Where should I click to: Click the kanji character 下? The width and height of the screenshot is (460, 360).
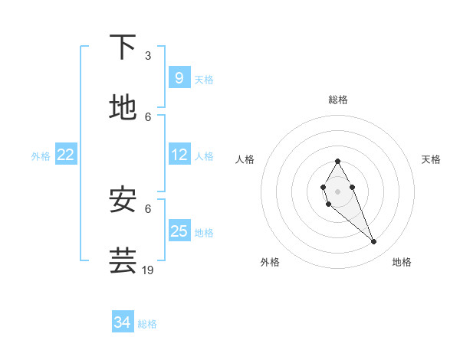(123, 47)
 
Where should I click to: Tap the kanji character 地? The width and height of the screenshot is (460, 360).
(123, 108)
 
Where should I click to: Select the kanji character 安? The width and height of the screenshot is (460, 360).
(123, 200)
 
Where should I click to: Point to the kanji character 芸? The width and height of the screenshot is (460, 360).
(123, 260)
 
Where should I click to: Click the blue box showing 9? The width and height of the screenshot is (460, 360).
(179, 77)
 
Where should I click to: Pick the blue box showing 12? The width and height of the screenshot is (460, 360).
(179, 155)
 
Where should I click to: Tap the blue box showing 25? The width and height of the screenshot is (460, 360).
(179, 231)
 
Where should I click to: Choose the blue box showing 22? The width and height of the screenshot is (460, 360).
(66, 155)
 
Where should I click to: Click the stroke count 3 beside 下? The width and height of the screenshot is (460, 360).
(148, 56)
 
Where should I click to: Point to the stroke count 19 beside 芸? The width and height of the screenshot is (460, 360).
(148, 270)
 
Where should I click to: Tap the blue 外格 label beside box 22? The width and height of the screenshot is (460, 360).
(41, 155)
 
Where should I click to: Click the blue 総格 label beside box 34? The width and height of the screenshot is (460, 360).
(147, 323)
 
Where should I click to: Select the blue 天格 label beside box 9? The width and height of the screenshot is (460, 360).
(204, 79)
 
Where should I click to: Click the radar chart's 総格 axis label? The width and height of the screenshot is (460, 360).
(338, 100)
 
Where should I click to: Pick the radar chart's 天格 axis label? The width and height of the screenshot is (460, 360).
(432, 159)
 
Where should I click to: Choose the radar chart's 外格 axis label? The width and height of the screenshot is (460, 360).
(270, 262)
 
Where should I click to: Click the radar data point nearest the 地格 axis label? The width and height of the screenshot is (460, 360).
(373, 242)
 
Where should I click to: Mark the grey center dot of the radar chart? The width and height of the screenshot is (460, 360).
(337, 190)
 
